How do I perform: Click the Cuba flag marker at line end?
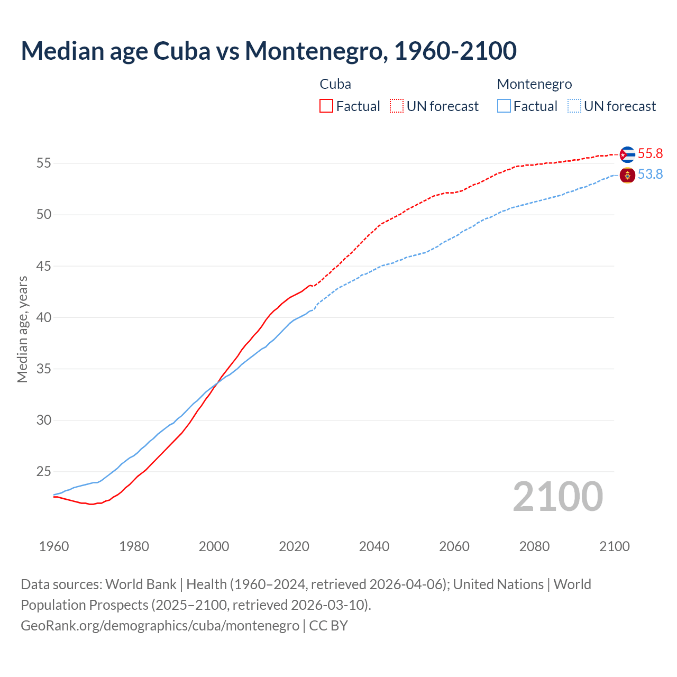627,154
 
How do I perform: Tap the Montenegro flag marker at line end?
627,175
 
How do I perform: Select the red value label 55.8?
650,154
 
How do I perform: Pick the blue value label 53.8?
650,175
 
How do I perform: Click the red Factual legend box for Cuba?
326,106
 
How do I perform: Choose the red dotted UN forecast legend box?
397,106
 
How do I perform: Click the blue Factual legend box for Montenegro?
504,106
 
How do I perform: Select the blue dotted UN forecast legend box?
574,106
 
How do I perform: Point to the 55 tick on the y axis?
43,163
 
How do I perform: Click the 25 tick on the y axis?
43,471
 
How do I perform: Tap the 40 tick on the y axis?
43,317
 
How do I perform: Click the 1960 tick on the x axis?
54,546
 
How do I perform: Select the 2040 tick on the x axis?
374,546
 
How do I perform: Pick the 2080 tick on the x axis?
534,546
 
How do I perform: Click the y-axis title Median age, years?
22,329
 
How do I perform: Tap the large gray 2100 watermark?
557,497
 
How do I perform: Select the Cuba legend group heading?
335,84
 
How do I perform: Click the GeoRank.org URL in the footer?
160,625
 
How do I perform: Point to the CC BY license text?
328,625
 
